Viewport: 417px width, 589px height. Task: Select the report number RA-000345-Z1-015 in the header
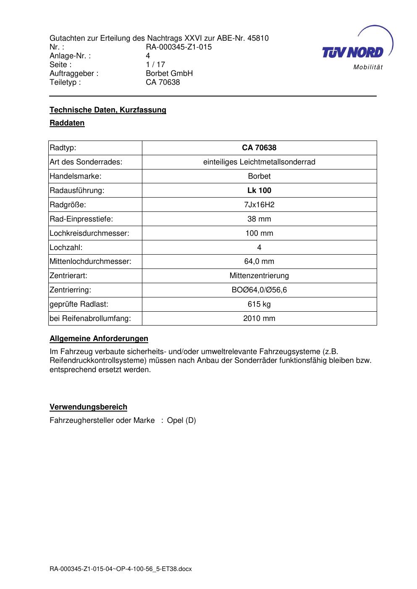tap(178, 47)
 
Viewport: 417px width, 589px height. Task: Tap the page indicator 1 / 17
tap(155, 65)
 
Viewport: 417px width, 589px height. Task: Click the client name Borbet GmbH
tap(169, 73)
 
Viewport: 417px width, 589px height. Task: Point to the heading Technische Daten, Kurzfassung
tap(108, 110)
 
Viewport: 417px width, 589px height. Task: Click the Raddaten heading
tap(67, 123)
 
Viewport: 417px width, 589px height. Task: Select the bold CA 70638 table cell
tap(259, 148)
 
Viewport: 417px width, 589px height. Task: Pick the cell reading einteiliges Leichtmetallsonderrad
tap(259, 162)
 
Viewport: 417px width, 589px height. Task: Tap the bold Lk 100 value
tap(259, 190)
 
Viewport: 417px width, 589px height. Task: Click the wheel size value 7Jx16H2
tap(259, 205)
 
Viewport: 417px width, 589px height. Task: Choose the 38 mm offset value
tap(259, 219)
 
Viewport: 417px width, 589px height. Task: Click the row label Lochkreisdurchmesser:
tap(89, 233)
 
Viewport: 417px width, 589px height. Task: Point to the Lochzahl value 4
tap(259, 248)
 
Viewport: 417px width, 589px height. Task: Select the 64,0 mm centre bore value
tap(259, 261)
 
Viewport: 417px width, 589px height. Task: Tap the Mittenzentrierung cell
tap(259, 276)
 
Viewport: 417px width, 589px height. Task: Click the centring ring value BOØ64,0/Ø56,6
tap(259, 290)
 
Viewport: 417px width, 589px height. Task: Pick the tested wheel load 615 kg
tap(259, 304)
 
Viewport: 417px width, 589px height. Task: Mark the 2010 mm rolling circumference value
tap(259, 318)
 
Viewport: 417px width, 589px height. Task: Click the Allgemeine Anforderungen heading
tap(99, 339)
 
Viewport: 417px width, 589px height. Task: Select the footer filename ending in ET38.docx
tap(121, 569)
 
